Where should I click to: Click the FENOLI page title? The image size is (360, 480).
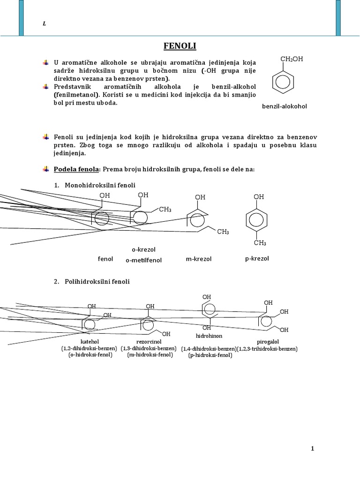(180, 46)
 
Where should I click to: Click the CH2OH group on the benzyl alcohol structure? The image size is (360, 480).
(292, 59)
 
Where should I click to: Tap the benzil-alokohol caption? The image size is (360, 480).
(284, 106)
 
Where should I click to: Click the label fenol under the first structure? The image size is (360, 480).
(105, 259)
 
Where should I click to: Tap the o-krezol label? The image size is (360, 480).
(143, 249)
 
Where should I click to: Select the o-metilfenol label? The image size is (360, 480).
(143, 260)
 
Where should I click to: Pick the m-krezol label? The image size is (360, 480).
(199, 259)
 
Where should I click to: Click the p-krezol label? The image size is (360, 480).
(257, 258)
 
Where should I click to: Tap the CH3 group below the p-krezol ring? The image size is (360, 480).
(260, 243)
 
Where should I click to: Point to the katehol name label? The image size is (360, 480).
(90, 341)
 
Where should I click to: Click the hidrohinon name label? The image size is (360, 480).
(209, 336)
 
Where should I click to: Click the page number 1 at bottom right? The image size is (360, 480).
(312, 449)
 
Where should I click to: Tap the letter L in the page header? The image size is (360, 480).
(44, 24)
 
